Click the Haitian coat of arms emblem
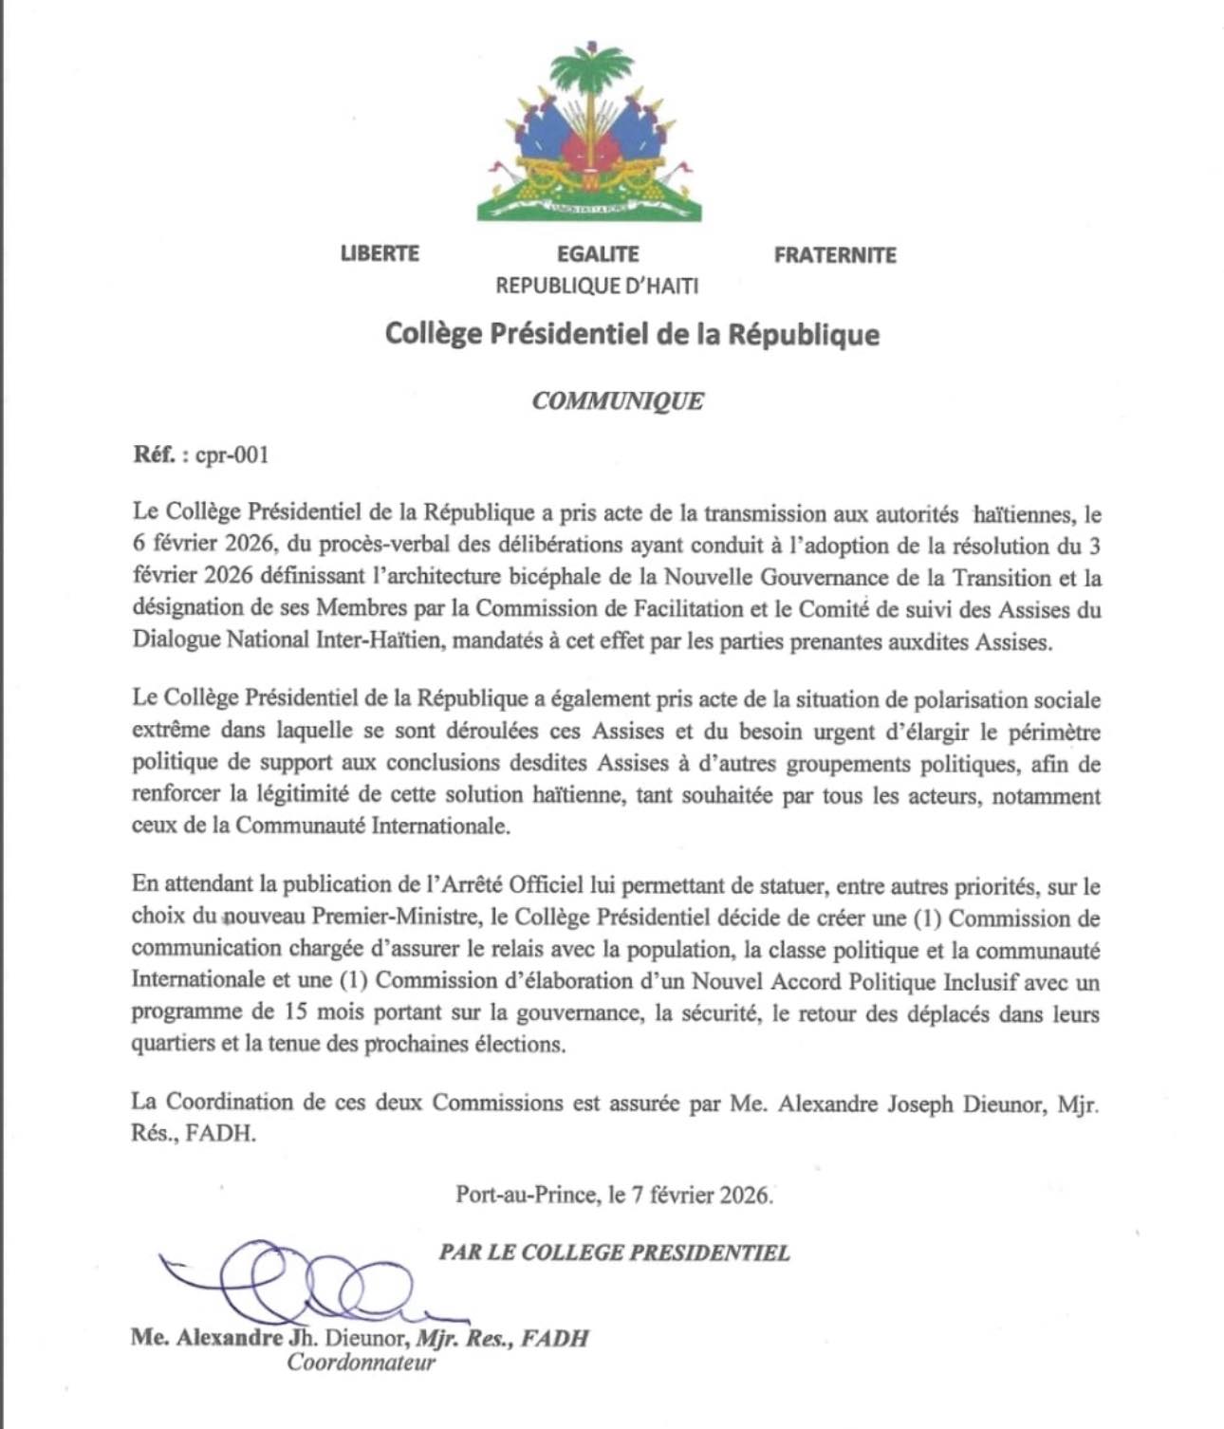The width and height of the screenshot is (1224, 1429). point(589,133)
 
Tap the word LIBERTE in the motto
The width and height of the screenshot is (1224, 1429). point(380,253)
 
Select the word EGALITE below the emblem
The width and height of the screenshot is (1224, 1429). point(598,254)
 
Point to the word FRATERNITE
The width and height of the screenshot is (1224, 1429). point(835,255)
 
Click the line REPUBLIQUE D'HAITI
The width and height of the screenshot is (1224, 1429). point(598,285)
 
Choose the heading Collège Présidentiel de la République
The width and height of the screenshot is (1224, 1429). point(632,334)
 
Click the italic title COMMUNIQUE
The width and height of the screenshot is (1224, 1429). point(618,400)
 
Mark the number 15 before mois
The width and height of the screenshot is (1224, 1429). point(294,1012)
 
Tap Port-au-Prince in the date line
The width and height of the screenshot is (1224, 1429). point(525,1195)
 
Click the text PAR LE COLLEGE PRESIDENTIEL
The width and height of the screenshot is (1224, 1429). point(614,1253)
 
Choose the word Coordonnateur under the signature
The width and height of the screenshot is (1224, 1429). point(362,1364)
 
